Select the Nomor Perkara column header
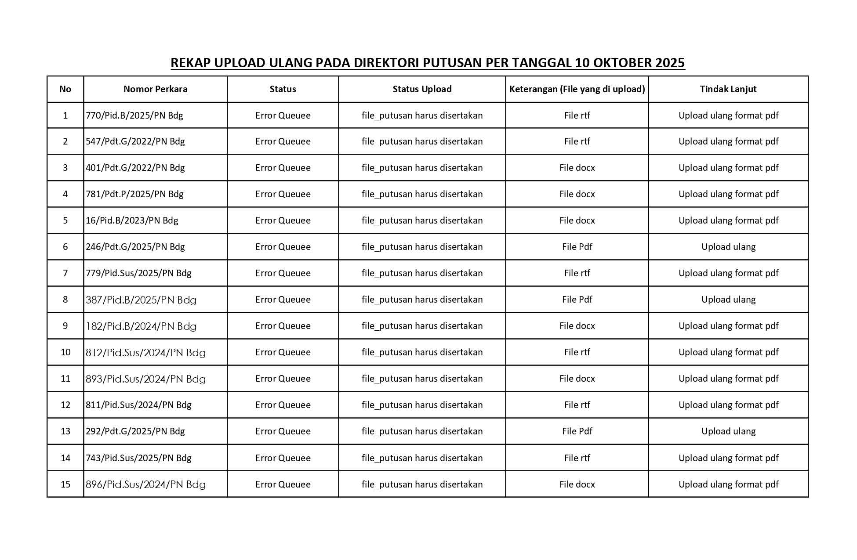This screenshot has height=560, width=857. pos(155,89)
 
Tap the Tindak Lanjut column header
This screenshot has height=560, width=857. pos(728,89)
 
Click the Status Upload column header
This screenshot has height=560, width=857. pos(422,89)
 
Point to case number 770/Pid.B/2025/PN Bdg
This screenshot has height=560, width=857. pos(134,116)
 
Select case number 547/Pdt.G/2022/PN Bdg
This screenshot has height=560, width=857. pos(135,141)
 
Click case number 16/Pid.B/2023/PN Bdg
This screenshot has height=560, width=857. pos(132,220)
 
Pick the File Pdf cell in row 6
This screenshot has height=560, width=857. pos(577,247)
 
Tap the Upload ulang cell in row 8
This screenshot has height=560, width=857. pos(728,300)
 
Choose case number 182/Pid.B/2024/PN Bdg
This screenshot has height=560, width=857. pos(141,326)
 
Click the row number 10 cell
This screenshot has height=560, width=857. pos(65,352)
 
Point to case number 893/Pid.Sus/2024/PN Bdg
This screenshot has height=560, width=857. pos(145,379)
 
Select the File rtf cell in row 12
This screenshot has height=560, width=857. pos(577,405)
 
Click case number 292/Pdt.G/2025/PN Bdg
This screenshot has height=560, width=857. pos(135,431)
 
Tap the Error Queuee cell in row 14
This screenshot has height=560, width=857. pos(283,458)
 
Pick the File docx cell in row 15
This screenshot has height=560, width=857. pos(577,484)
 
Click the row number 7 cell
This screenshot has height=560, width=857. pos(65,273)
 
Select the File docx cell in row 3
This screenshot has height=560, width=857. pos(577,168)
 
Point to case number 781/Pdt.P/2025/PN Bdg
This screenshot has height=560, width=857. pos(134,194)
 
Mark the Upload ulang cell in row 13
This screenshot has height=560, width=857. pos(728,431)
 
